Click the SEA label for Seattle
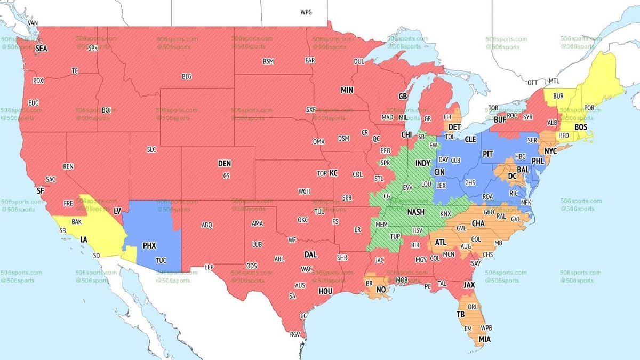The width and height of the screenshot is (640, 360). (41, 49)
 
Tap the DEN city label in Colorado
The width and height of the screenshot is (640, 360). (225, 164)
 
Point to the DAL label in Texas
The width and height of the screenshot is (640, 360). (311, 255)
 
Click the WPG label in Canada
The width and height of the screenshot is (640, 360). (307, 12)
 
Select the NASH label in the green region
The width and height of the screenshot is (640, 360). (416, 212)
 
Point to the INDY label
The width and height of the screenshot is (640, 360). (423, 163)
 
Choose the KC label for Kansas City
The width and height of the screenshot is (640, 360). (334, 173)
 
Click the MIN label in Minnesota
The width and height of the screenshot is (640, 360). (347, 91)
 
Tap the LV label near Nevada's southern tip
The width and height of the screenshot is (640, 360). (117, 212)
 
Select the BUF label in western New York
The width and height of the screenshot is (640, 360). (500, 121)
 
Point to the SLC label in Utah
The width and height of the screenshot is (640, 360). (151, 150)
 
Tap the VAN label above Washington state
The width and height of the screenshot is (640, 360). (33, 23)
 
